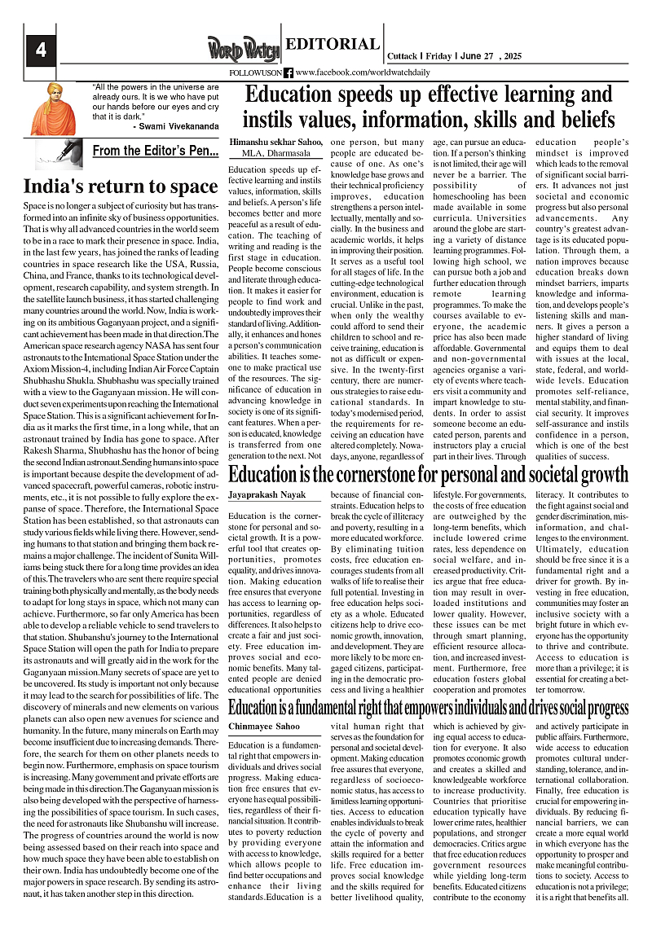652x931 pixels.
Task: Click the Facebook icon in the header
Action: pyautogui.click(x=289, y=72)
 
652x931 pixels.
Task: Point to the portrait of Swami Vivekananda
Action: pyautogui.click(x=54, y=108)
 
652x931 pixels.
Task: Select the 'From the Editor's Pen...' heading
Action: pyautogui.click(x=155, y=151)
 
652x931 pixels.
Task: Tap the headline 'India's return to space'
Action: pyautogui.click(x=120, y=187)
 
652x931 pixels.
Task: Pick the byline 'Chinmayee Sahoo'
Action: pyautogui.click(x=265, y=725)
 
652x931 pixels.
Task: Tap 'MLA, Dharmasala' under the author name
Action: pyautogui.click(x=270, y=152)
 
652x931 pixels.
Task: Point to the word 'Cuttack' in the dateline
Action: pyautogui.click(x=403, y=56)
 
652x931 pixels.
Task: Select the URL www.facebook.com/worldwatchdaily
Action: pyautogui.click(x=362, y=72)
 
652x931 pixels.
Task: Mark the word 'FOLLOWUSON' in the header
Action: pyautogui.click(x=256, y=72)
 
